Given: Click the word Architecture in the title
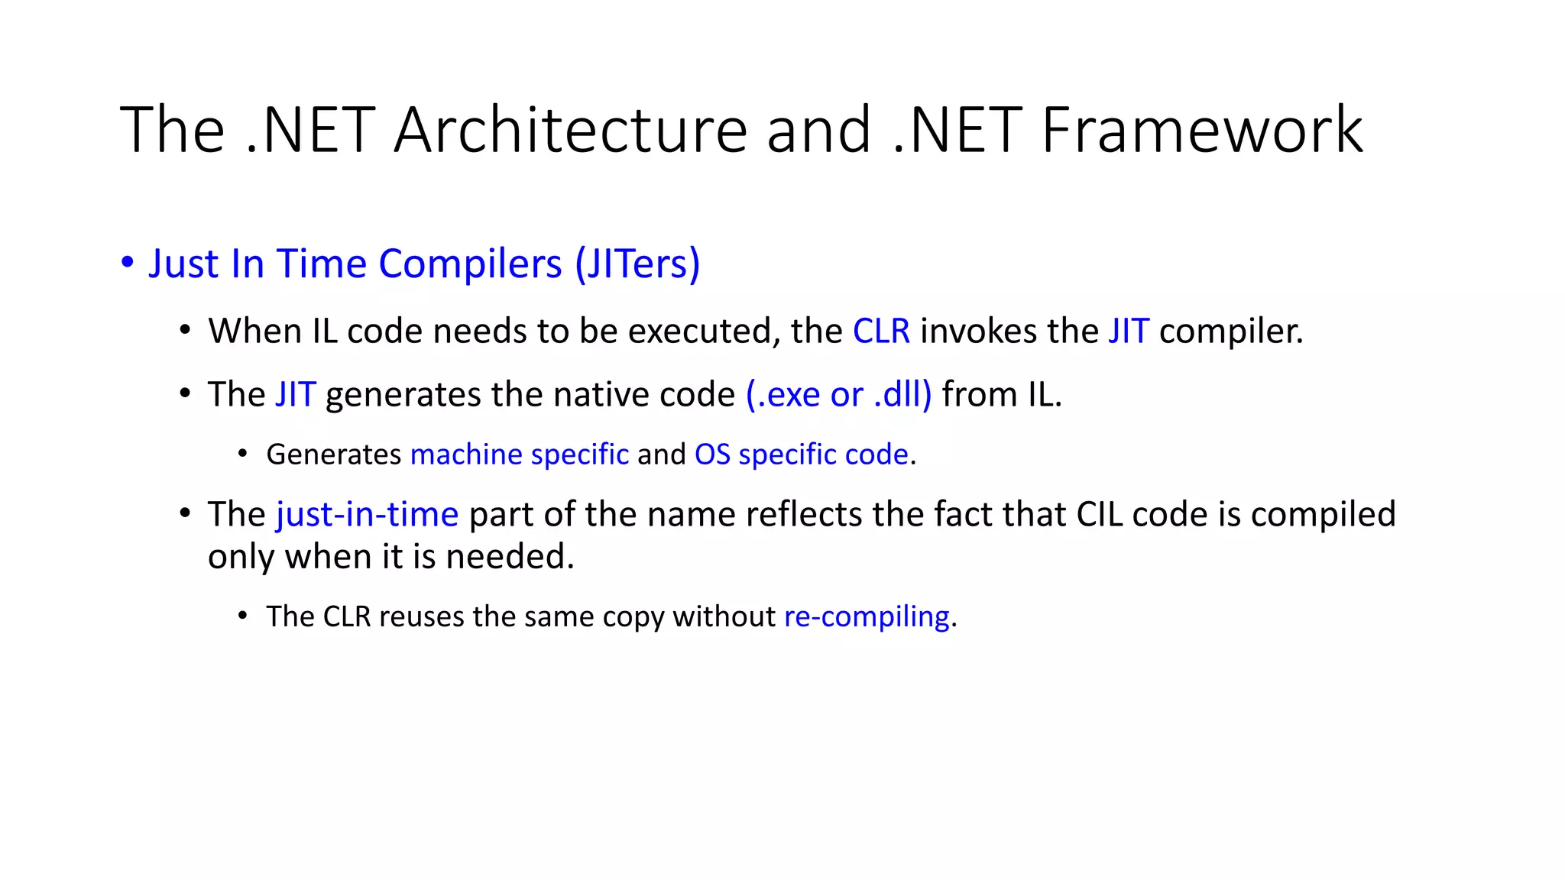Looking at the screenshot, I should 570,130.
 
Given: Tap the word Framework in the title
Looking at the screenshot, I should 1202,130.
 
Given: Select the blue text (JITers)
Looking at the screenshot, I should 637,264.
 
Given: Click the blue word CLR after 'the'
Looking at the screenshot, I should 881,332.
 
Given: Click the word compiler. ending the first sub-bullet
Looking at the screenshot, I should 1230,332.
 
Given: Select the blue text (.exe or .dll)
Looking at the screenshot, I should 838,395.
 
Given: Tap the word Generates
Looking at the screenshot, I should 333,455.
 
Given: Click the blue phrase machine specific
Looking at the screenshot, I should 520,455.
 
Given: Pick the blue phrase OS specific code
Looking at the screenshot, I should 801,455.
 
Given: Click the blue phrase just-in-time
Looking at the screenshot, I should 367,515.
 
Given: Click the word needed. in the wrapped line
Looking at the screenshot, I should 510,557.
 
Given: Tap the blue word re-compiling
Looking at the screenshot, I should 867,616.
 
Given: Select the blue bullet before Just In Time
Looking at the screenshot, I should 128,264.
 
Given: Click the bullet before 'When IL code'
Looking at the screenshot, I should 185,331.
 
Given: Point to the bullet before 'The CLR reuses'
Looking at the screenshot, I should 243,616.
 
